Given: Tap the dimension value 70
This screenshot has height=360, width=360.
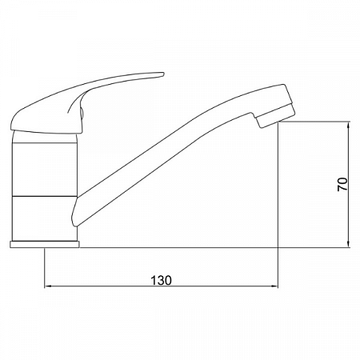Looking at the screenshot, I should (342, 185).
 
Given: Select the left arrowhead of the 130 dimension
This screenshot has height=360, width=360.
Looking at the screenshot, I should (48, 286).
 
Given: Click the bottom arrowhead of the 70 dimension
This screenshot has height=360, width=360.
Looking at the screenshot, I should (350, 243).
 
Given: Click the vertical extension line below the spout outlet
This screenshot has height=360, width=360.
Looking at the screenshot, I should (277, 200).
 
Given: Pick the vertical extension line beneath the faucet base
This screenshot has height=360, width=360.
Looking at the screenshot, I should (43, 268).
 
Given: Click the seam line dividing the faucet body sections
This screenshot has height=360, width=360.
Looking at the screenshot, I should (44, 195).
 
